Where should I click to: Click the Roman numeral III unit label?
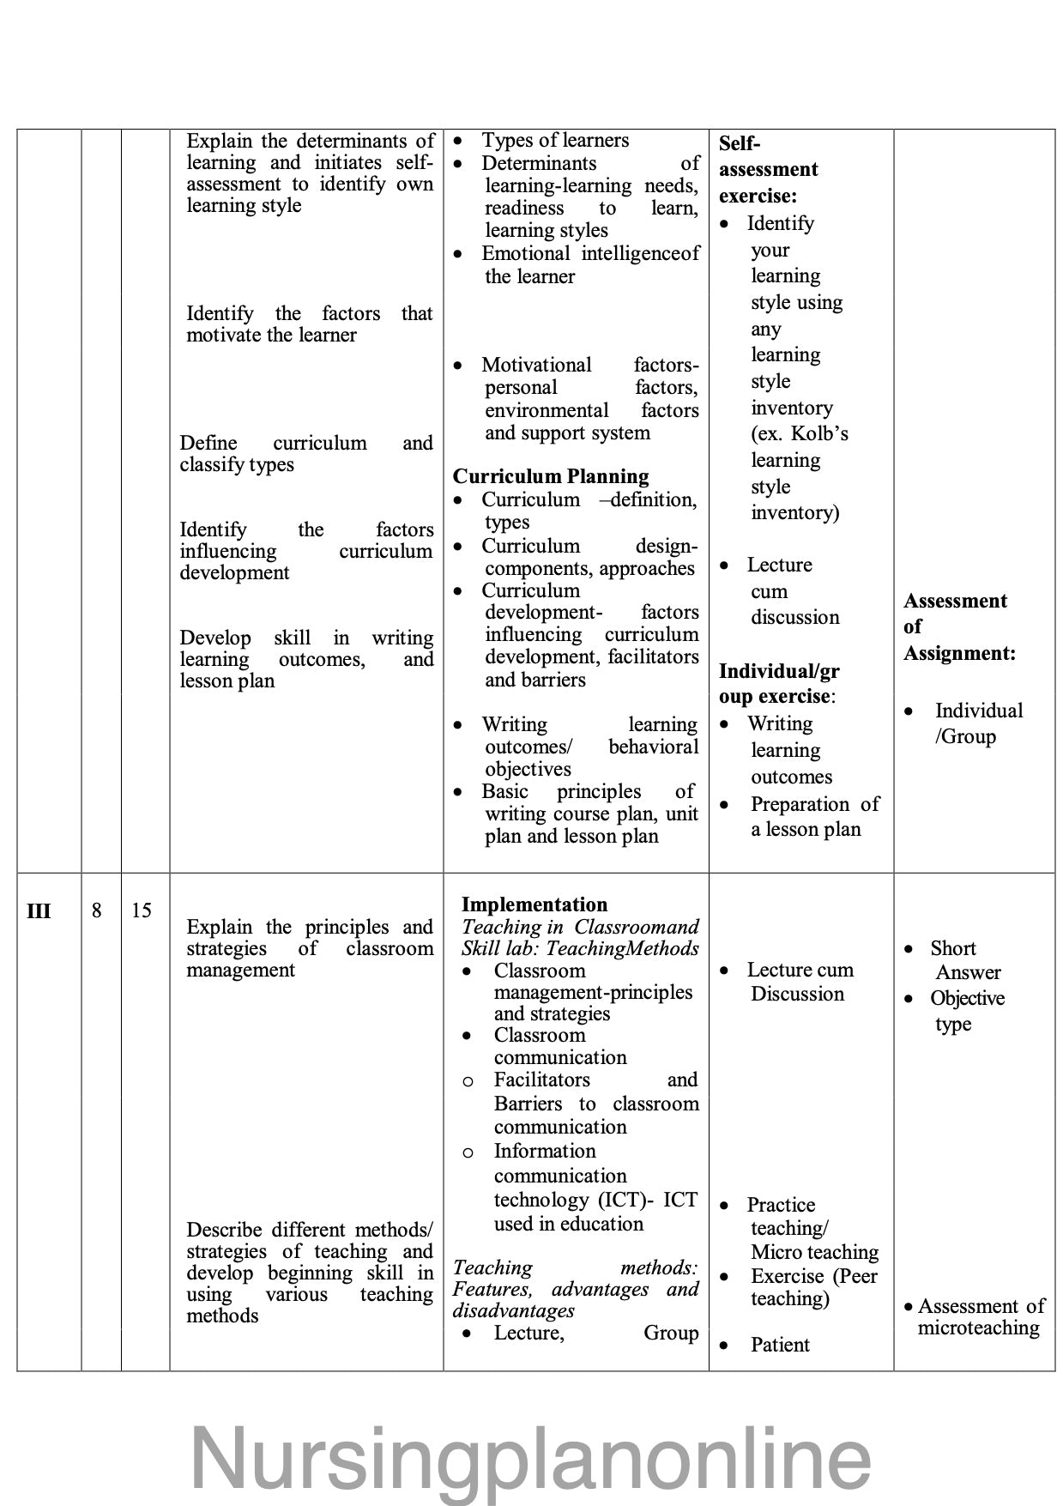click(x=39, y=910)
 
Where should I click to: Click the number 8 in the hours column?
click(x=97, y=910)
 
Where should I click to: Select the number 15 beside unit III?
click(x=142, y=910)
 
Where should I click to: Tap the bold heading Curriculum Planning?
click(x=551, y=476)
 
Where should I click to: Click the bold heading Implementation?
click(x=534, y=904)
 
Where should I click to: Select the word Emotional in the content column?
click(x=525, y=253)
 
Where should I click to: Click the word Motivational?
click(x=536, y=365)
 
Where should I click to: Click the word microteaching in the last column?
click(x=978, y=1328)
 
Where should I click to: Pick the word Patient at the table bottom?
click(x=780, y=1345)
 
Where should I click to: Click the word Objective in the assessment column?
click(x=967, y=998)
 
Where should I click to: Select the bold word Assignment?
click(x=959, y=653)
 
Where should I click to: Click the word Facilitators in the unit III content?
click(x=541, y=1080)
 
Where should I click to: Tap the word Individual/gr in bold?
click(x=779, y=671)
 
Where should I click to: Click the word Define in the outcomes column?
click(x=208, y=443)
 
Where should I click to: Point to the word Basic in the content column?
click(x=504, y=791)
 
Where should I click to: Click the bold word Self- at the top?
click(x=740, y=143)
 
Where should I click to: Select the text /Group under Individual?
click(x=965, y=736)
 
